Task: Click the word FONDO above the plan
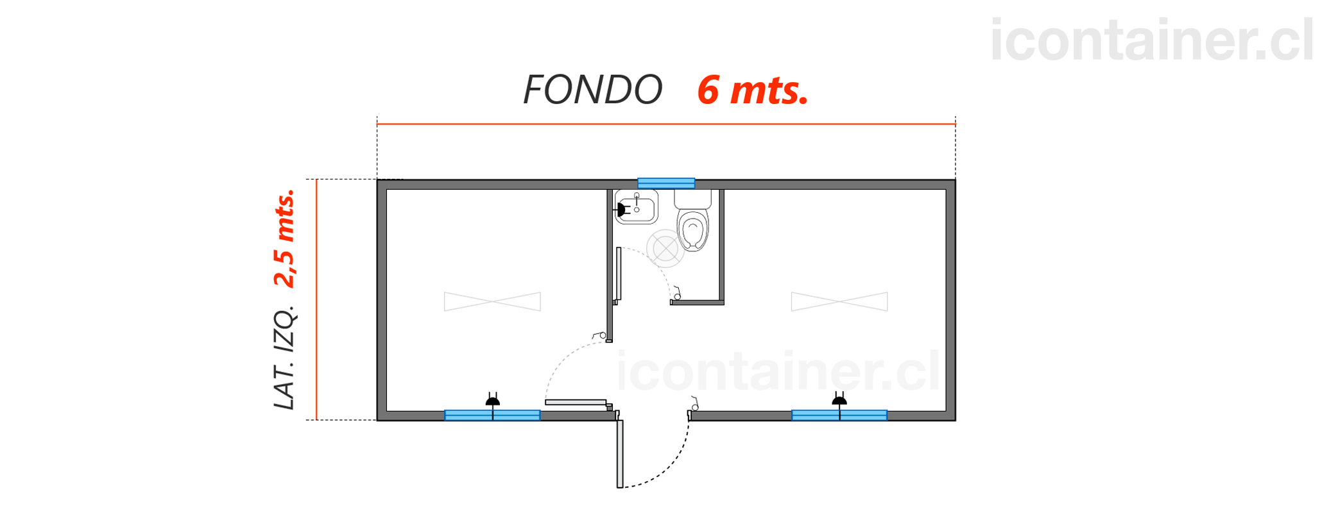point(592,90)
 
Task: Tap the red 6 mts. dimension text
point(752,90)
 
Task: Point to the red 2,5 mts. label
point(284,239)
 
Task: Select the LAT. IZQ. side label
point(284,358)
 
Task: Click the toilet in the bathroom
point(693,220)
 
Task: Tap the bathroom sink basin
point(636,206)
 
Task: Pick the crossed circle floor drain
point(665,248)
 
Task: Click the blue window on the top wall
point(666,183)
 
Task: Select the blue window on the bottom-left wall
point(492,415)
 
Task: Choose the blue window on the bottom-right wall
point(839,415)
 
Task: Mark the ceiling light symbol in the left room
point(492,301)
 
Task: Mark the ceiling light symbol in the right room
point(839,301)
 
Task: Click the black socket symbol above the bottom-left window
point(492,399)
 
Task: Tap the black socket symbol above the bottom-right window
point(839,399)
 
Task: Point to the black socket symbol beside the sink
point(621,210)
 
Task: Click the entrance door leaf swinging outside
point(620,453)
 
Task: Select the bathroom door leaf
point(619,274)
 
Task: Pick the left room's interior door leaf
point(576,402)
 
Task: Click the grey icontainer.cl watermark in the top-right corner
point(1152,40)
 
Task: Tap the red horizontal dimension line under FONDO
point(666,124)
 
